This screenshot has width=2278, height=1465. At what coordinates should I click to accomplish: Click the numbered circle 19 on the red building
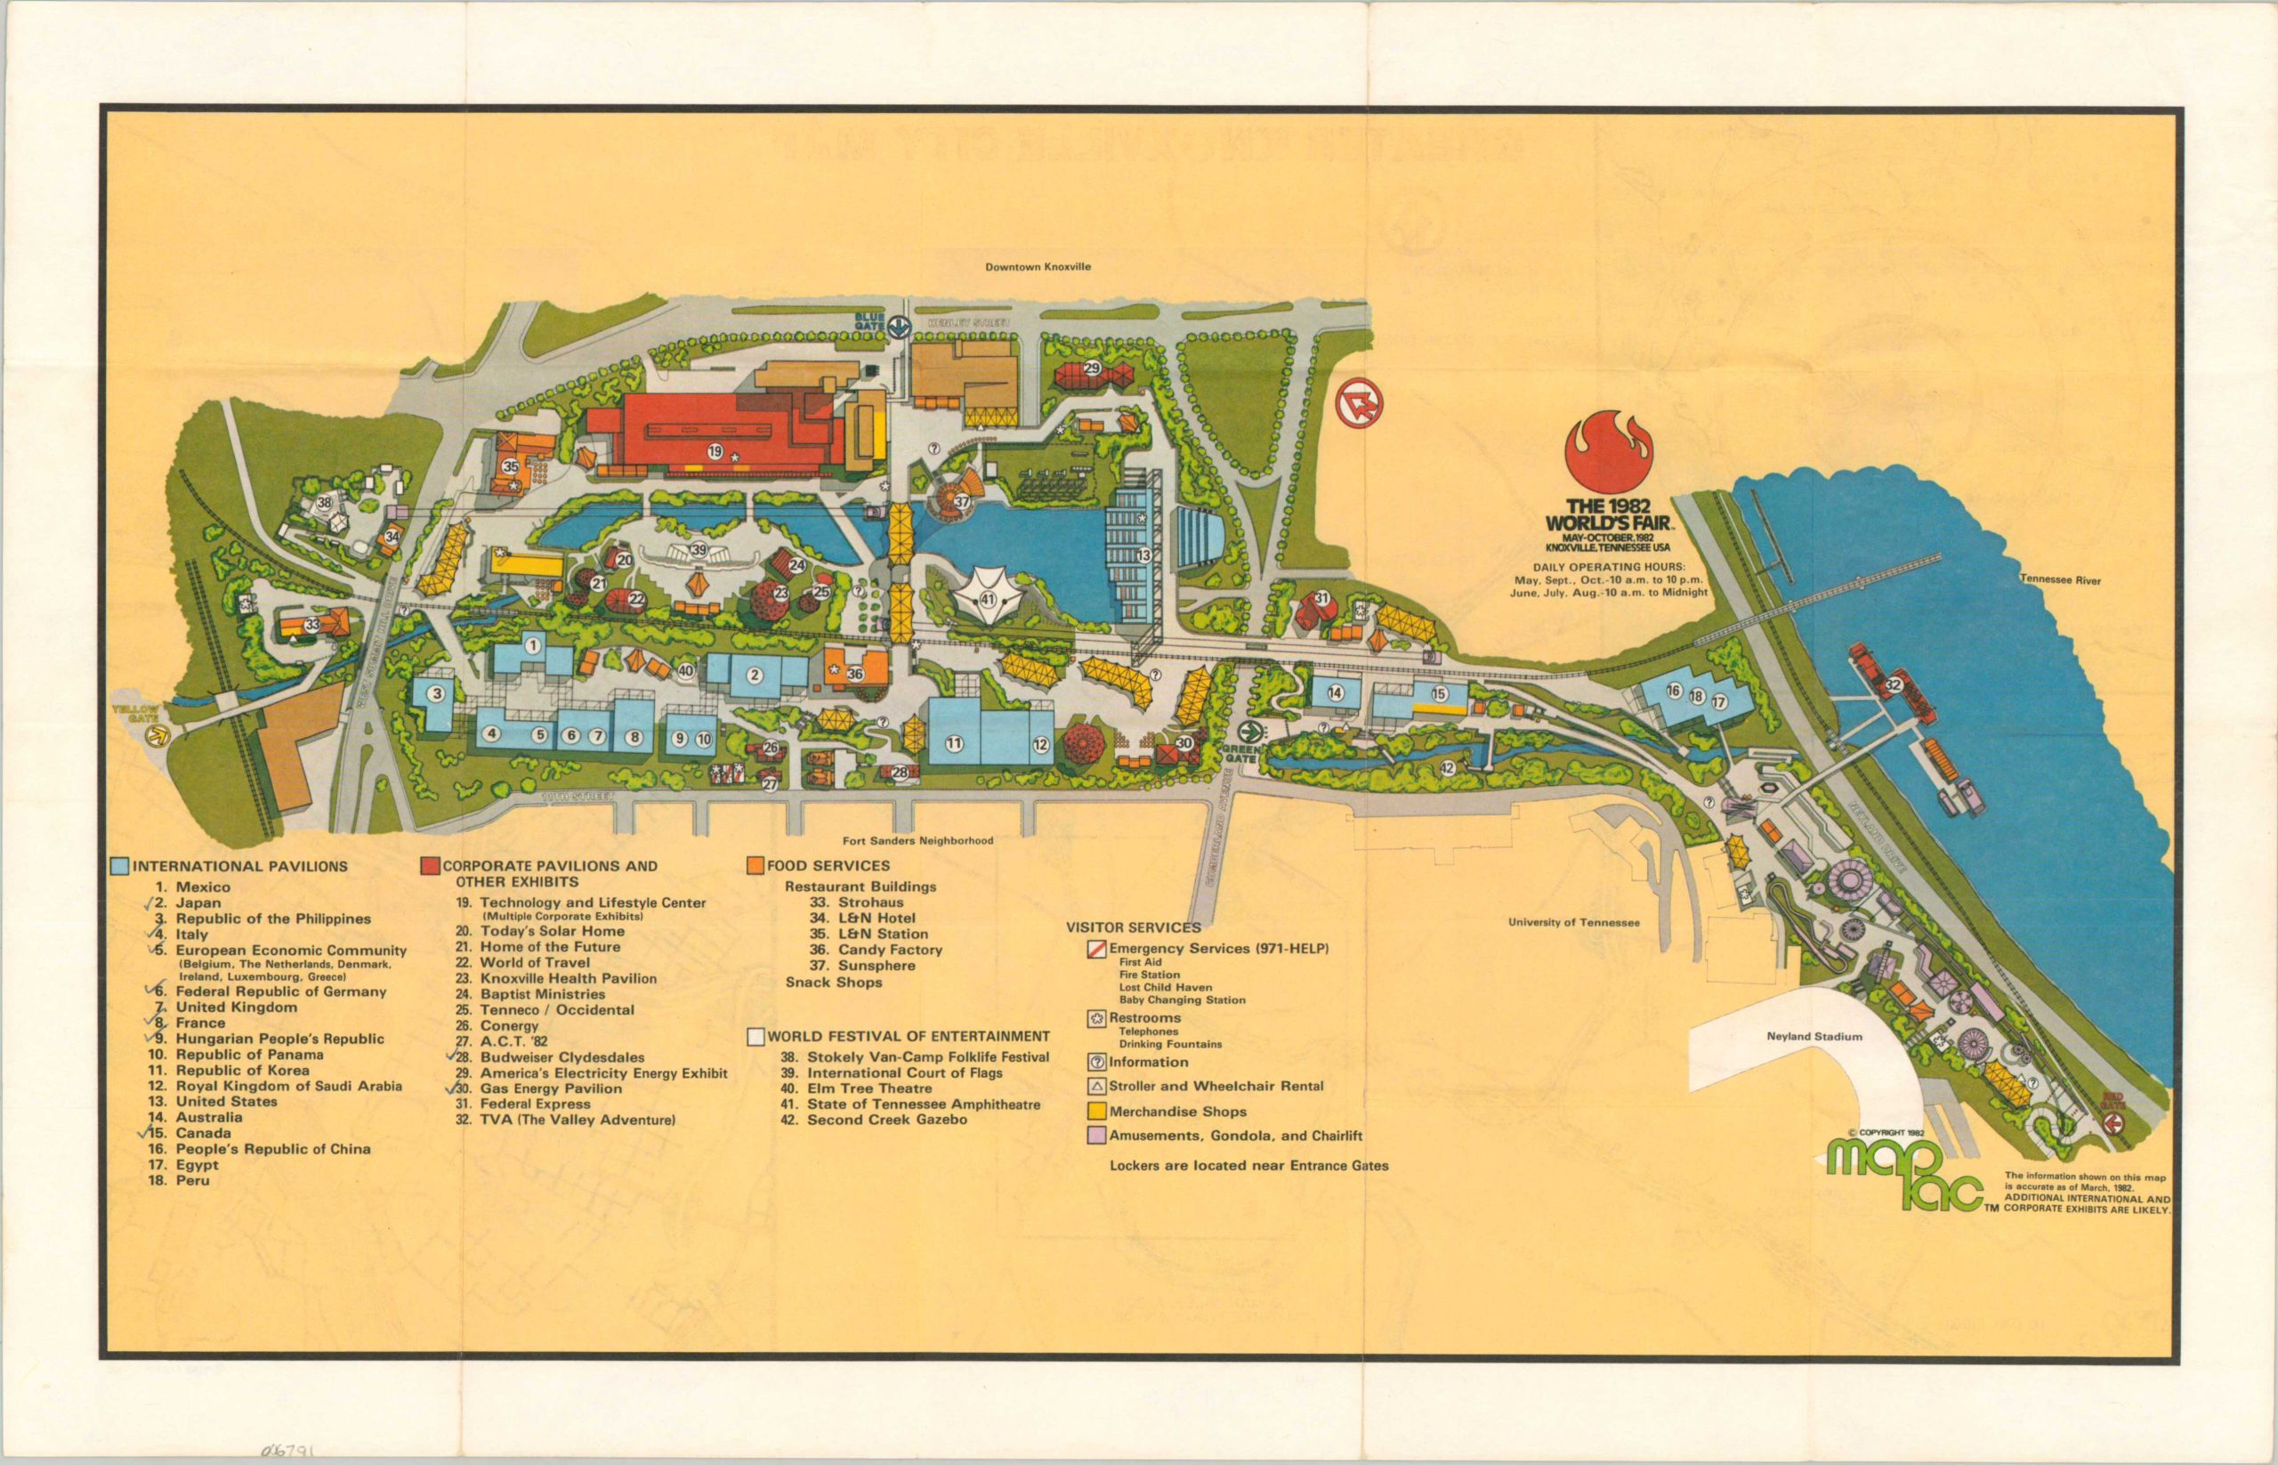(715, 451)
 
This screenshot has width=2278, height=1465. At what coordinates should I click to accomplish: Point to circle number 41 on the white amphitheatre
(988, 599)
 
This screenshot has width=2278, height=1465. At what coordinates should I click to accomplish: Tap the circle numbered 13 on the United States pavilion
(1143, 554)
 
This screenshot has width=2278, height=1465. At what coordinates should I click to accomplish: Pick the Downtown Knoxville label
(1038, 267)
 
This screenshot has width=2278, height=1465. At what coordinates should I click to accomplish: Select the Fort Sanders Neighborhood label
(917, 841)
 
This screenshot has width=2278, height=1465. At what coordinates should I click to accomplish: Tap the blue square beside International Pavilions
(119, 867)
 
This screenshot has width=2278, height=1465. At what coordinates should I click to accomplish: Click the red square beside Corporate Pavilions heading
(430, 867)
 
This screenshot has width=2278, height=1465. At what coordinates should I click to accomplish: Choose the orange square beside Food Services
(755, 866)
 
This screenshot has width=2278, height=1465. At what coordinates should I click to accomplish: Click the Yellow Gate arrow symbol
(163, 734)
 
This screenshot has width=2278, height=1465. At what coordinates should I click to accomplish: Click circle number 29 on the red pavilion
(1091, 368)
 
